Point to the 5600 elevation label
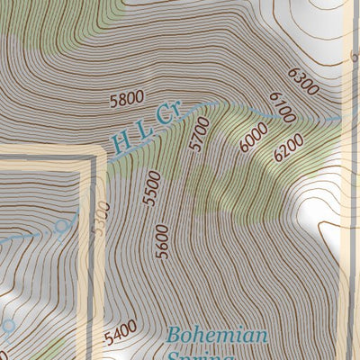point(162,241)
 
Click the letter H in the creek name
point(121,141)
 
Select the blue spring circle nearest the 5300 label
point(62,226)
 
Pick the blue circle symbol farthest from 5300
point(9,325)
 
